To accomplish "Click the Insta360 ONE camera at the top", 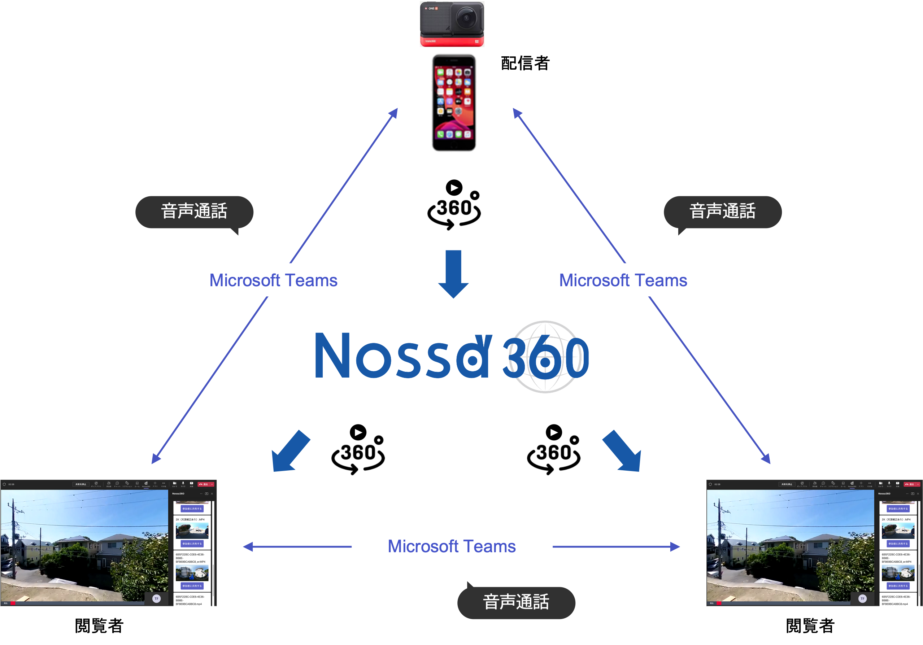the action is pyautogui.click(x=452, y=24).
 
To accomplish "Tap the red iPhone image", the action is pyautogui.click(x=453, y=103).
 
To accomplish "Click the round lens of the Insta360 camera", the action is pyautogui.click(x=466, y=18).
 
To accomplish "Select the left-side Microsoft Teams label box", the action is pyautogui.click(x=273, y=280).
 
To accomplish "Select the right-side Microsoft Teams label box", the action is pyautogui.click(x=623, y=280).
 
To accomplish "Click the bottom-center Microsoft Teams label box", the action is pyautogui.click(x=452, y=546).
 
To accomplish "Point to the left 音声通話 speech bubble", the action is pyautogui.click(x=194, y=212).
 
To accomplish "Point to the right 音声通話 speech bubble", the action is pyautogui.click(x=722, y=212).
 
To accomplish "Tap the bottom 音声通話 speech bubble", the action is pyautogui.click(x=516, y=602).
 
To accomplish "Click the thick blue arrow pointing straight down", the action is pyautogui.click(x=453, y=273).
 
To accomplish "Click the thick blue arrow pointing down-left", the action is pyautogui.click(x=290, y=451).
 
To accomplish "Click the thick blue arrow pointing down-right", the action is pyautogui.click(x=622, y=451).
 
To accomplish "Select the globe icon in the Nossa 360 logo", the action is pyautogui.click(x=545, y=357).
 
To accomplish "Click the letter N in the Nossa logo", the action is pyautogui.click(x=332, y=355).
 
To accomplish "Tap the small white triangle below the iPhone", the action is pyautogui.click(x=454, y=188).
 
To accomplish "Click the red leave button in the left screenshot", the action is pyautogui.click(x=204, y=484).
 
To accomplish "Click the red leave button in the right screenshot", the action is pyautogui.click(x=910, y=484).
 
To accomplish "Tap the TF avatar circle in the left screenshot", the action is pyautogui.click(x=156, y=598).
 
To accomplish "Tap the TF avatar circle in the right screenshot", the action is pyautogui.click(x=862, y=598).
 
